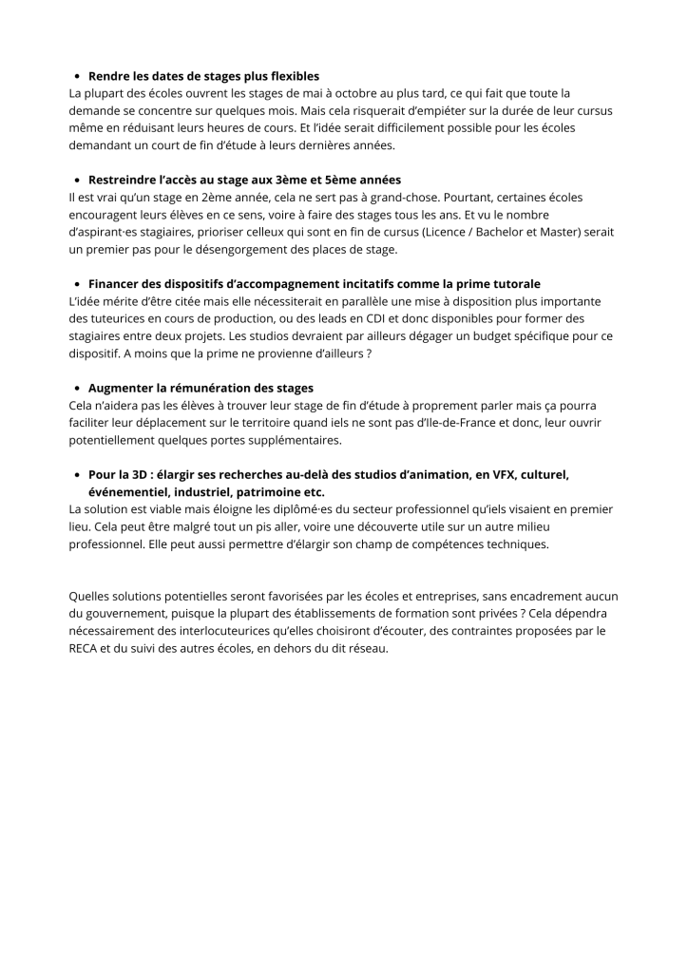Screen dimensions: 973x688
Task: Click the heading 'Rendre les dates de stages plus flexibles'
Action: [x=203, y=76]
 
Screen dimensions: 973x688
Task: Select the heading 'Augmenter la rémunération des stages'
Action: [x=201, y=388]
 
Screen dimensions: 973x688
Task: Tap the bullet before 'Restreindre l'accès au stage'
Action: [x=76, y=180]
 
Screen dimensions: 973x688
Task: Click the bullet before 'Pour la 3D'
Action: [x=76, y=474]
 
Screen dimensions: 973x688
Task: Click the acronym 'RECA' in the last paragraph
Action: [x=86, y=648]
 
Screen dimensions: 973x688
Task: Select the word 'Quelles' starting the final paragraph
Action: [x=91, y=596]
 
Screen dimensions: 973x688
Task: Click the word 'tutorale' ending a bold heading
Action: [x=514, y=283]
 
